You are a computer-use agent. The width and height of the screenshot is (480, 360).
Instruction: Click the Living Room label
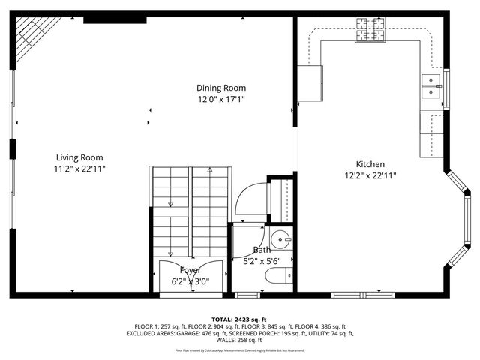[79, 157]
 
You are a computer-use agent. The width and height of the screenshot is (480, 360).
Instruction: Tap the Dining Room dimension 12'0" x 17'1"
[221, 99]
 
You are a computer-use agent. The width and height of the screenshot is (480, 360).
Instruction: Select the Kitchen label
[370, 164]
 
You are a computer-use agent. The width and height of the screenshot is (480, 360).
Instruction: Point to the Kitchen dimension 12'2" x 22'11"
[370, 175]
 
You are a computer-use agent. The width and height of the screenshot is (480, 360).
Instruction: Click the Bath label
[262, 250]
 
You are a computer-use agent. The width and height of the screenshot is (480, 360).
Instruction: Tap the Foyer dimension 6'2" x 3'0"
[190, 282]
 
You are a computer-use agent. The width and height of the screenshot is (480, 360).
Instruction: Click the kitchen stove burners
[370, 30]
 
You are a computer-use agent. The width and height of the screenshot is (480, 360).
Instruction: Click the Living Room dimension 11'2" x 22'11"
[79, 169]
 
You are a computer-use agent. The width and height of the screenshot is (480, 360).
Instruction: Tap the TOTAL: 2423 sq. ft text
[239, 319]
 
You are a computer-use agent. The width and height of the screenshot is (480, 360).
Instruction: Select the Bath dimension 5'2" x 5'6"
[262, 261]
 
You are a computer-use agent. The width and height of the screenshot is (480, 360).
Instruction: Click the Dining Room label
[221, 88]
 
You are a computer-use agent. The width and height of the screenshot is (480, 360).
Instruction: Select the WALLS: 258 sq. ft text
[239, 340]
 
